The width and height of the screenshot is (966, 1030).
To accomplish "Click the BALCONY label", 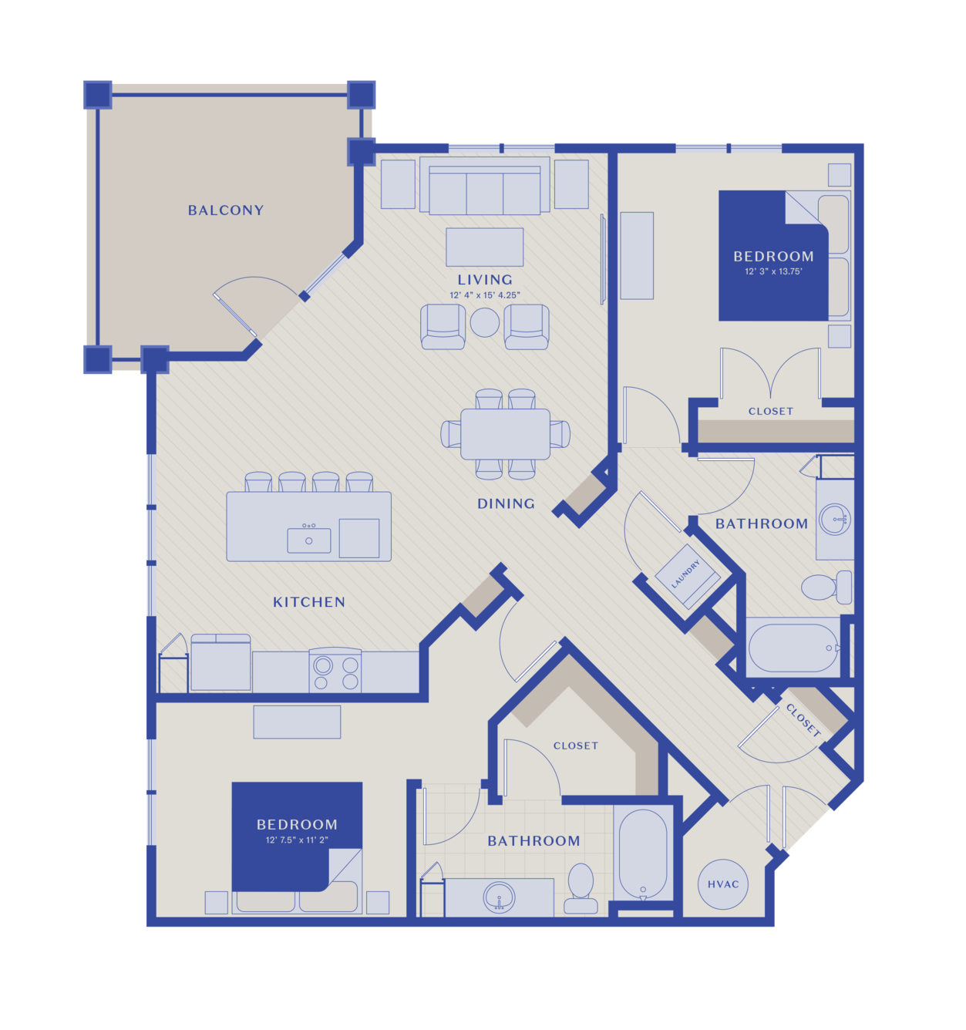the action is coord(226,210).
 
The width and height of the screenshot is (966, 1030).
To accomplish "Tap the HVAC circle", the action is coord(722,884).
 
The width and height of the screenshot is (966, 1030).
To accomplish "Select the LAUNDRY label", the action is coord(685,574).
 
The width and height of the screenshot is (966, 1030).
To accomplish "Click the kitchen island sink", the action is coord(308,540).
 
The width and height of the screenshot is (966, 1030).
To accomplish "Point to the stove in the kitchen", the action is coord(335,670).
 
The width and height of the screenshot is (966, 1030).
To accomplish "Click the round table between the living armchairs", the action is coord(485,322).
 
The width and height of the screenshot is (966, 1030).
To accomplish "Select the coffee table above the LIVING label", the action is coord(485,247).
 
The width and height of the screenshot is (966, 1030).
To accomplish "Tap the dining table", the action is coord(505,434).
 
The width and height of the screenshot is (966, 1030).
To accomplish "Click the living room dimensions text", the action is coord(485,295).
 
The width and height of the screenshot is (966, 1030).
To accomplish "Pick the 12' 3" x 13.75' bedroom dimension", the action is coord(773,271).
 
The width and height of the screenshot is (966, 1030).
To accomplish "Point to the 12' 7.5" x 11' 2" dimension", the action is coord(297,840).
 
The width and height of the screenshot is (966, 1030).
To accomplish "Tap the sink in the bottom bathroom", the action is coord(499,897).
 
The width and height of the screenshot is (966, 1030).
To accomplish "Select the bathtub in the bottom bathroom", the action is coord(643,854).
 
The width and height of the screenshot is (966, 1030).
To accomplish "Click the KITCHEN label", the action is coord(308,602).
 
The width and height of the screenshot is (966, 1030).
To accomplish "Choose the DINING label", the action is coord(506,503).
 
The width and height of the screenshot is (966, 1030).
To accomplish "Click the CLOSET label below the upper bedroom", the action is coord(770,411).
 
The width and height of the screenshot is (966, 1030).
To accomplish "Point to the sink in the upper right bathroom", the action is coord(834,519).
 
